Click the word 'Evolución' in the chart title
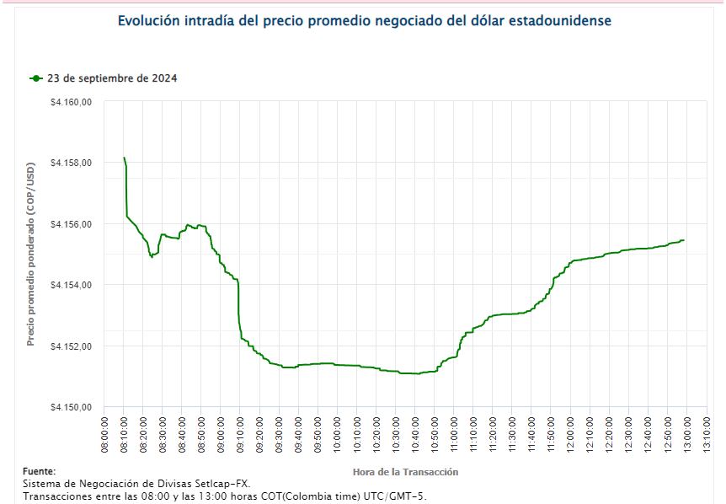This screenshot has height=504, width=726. click(148, 20)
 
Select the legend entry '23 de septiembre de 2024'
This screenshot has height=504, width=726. click(112, 78)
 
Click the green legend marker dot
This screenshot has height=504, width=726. click(36, 78)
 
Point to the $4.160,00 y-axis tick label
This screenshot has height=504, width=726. click(71, 102)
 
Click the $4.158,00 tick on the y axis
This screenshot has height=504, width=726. click(71, 163)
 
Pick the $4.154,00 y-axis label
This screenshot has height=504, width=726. click(71, 285)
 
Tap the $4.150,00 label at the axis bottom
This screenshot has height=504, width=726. click(71, 407)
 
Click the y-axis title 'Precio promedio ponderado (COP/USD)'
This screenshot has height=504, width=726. click(31, 254)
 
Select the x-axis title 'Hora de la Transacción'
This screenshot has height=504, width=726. click(405, 472)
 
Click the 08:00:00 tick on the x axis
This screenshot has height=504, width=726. click(104, 434)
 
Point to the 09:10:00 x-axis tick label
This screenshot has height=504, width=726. click(240, 434)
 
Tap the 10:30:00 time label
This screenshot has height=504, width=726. click(395, 434)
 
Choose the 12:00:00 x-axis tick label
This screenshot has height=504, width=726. click(570, 434)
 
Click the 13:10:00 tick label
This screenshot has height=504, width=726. click(707, 434)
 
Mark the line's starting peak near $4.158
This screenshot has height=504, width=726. click(125, 158)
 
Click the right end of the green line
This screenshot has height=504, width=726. click(683, 240)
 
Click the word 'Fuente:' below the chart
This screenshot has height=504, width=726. click(39, 472)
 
